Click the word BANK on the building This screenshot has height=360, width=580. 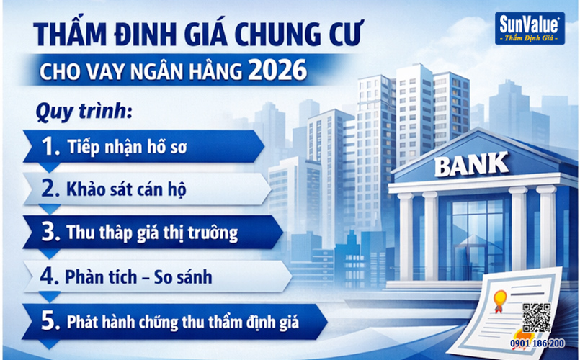pyautogui.click(x=470, y=167)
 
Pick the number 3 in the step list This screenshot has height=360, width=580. pyautogui.click(x=51, y=233)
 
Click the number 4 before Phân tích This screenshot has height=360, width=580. pyautogui.click(x=51, y=275)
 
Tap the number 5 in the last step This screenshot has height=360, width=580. pyautogui.click(x=50, y=319)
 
